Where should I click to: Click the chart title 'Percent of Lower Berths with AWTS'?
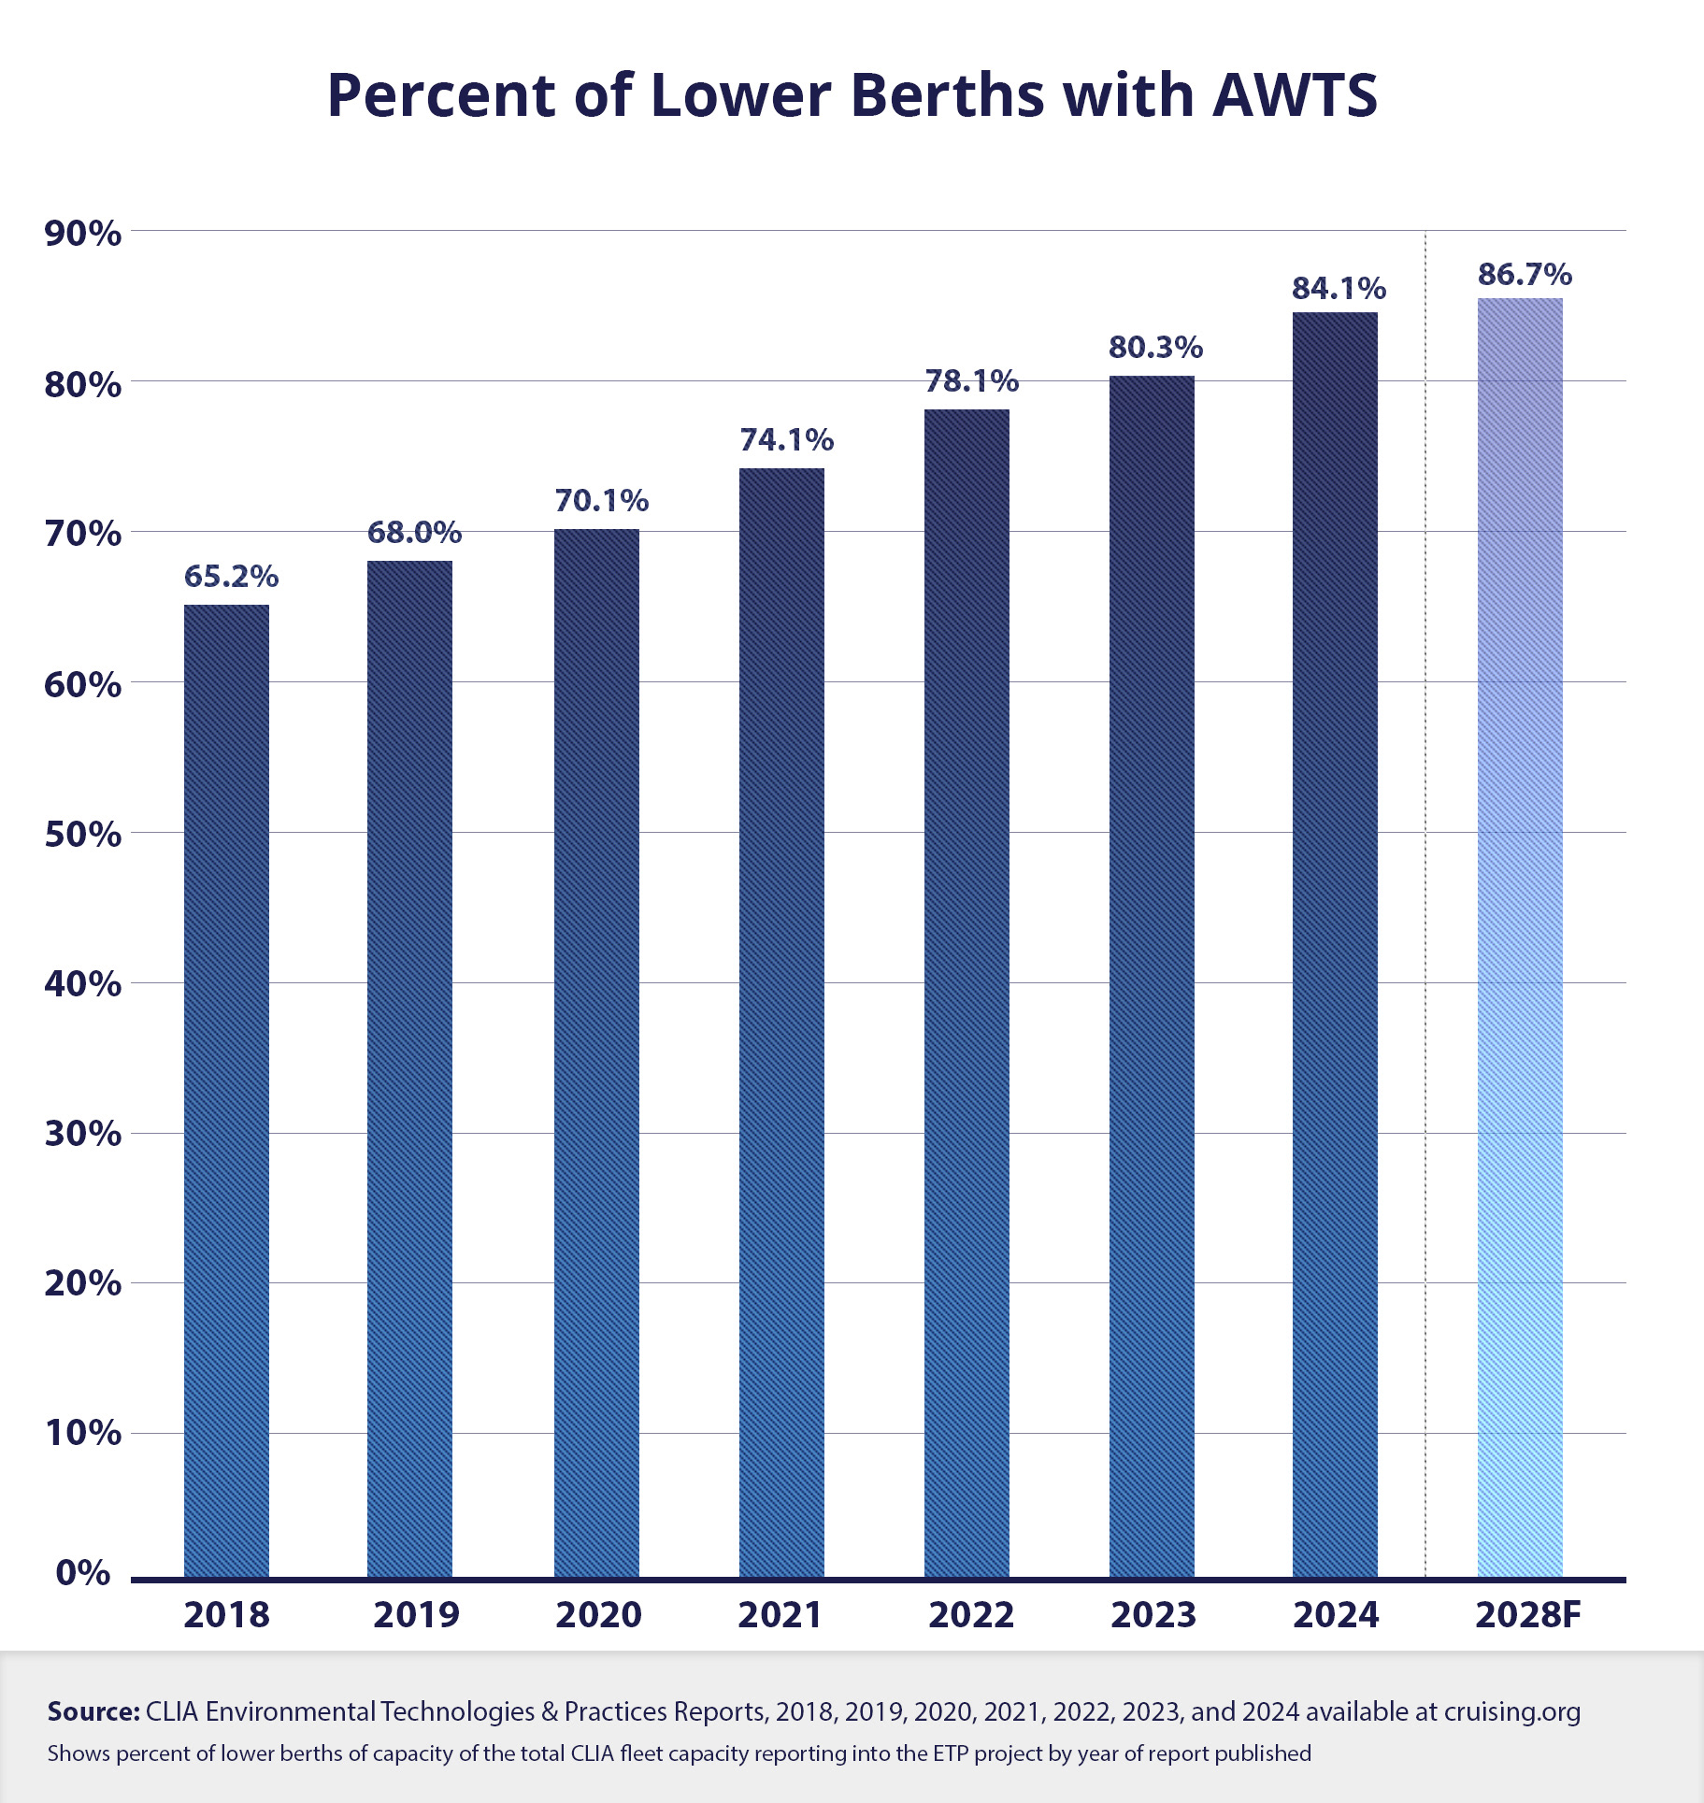click(x=852, y=95)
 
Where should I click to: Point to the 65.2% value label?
click(x=231, y=577)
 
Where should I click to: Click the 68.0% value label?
click(x=414, y=533)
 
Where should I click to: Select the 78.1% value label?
click(x=971, y=381)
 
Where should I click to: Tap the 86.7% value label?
click(x=1525, y=275)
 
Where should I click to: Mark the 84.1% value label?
click(x=1339, y=289)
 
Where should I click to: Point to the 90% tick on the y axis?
click(x=82, y=234)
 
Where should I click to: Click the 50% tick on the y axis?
click(x=82, y=835)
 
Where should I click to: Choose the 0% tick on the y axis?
click(x=82, y=1572)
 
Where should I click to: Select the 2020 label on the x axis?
click(x=598, y=1615)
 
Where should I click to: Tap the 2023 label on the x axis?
click(x=1153, y=1615)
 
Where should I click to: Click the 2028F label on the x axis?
click(x=1527, y=1615)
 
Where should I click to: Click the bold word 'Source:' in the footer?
click(x=93, y=1711)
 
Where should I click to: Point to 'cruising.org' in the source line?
click(x=1511, y=1712)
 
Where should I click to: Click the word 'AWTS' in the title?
click(x=1295, y=95)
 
